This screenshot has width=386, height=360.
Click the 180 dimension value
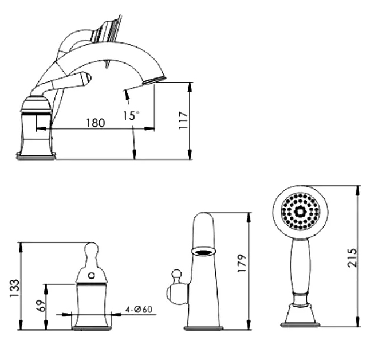coord(96,123)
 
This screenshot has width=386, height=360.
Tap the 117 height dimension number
coord(183,120)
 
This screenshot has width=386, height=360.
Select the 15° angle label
coord(131,116)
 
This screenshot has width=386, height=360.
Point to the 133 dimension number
coord(14,288)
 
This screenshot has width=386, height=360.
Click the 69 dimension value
coord(42,306)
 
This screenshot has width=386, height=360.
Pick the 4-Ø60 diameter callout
coord(139,309)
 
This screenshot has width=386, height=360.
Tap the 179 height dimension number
coord(242,263)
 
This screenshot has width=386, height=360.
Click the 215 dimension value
coord(352,258)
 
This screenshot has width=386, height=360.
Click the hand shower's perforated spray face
coord(301,212)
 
